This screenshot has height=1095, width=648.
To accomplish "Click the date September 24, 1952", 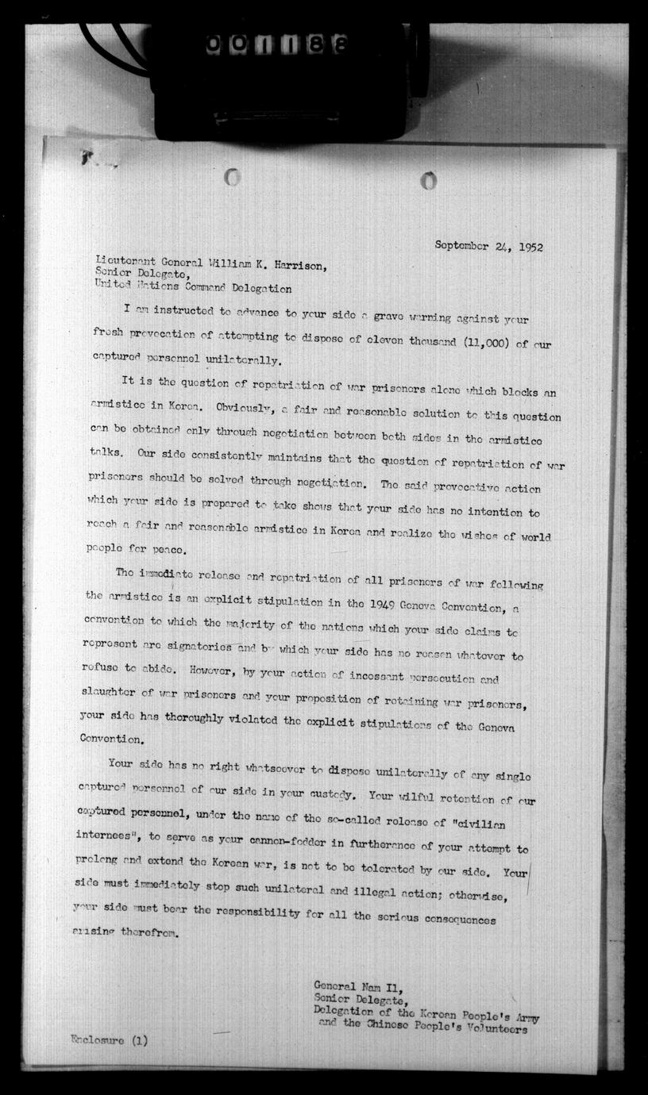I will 488,246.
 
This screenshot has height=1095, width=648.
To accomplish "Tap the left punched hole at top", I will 232,178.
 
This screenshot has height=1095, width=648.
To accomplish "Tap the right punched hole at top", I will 429,182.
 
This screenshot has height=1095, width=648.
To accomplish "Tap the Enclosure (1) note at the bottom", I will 108,1040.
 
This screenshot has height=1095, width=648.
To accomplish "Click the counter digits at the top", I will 276,46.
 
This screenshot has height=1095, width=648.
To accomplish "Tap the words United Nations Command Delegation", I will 193,290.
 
